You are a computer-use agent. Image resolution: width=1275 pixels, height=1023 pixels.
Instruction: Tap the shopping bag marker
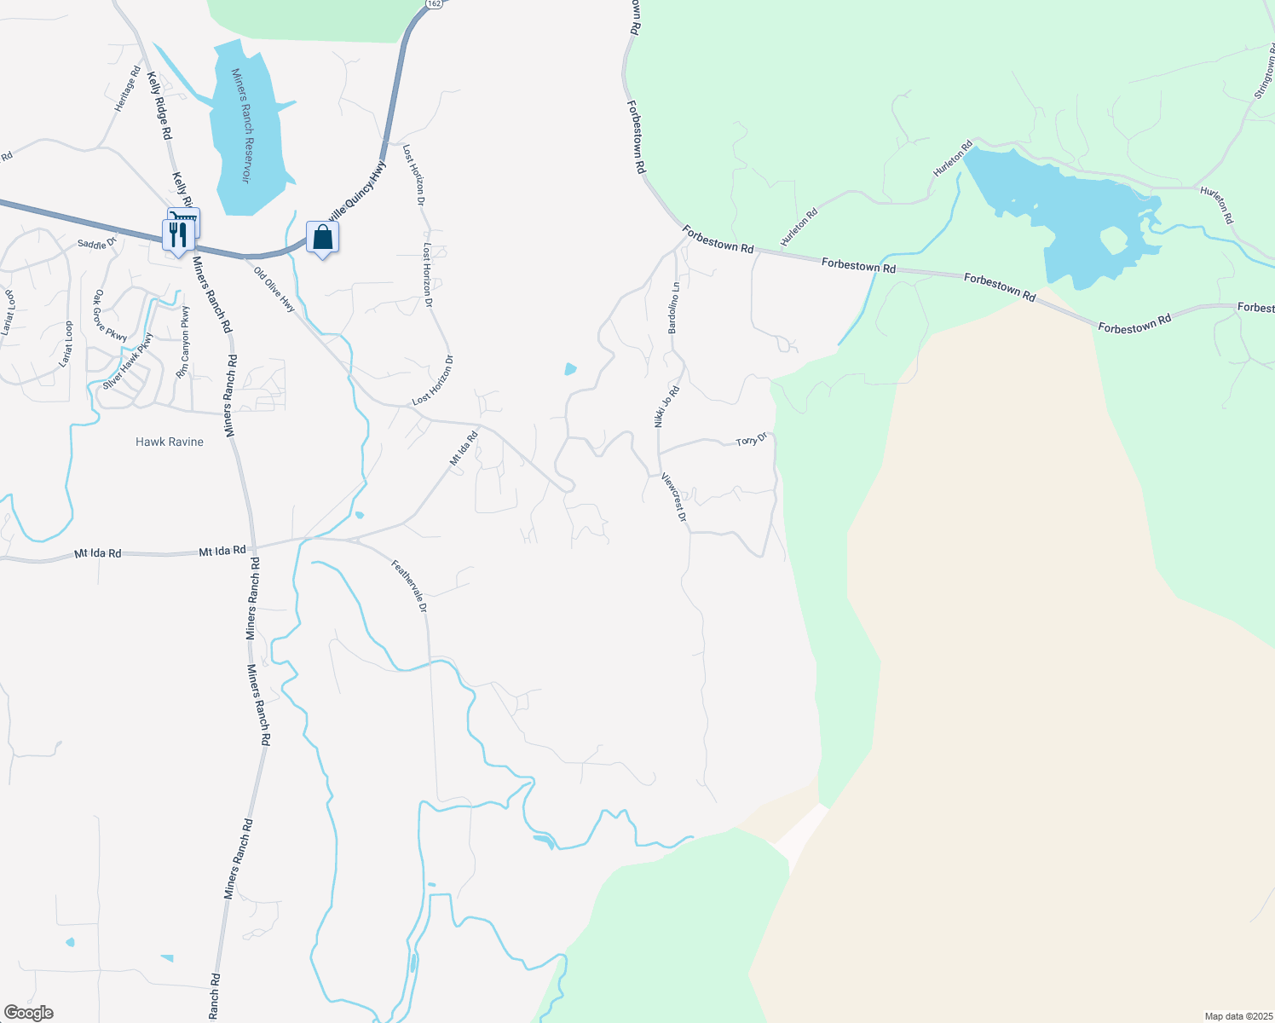pyautogui.click(x=322, y=238)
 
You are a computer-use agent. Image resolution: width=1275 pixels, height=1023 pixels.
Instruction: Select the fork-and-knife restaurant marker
pyautogui.click(x=177, y=234)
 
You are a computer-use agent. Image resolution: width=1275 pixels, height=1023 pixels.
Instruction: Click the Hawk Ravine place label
pyautogui.click(x=170, y=442)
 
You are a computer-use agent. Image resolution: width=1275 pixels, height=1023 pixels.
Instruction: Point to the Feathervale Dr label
pyautogui.click(x=409, y=586)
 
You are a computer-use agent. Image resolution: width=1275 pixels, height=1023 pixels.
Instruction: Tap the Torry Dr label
pyautogui.click(x=752, y=440)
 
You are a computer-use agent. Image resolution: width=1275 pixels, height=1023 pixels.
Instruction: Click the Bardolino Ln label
pyautogui.click(x=673, y=307)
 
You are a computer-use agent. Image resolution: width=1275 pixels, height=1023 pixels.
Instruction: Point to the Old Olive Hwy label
pyautogui.click(x=274, y=290)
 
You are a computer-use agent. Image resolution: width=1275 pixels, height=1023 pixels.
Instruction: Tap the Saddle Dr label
pyautogui.click(x=96, y=245)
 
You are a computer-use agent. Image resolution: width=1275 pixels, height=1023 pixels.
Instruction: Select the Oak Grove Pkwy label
pyautogui.click(x=110, y=316)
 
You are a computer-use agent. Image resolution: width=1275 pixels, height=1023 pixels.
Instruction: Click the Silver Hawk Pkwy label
pyautogui.click(x=128, y=361)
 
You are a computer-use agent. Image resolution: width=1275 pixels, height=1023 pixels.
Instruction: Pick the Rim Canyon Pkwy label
pyautogui.click(x=183, y=342)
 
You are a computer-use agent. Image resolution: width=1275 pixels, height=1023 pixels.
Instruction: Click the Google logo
pyautogui.click(x=28, y=1013)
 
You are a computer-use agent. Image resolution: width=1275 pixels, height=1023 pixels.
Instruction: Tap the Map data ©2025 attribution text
pyautogui.click(x=1237, y=1016)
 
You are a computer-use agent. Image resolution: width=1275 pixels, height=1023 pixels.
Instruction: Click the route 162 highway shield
pyautogui.click(x=434, y=4)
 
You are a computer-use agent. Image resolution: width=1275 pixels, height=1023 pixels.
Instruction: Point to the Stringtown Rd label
pyautogui.click(x=1263, y=78)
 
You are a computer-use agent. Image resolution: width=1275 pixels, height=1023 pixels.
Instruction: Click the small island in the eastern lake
pyautogui.click(x=1115, y=241)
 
